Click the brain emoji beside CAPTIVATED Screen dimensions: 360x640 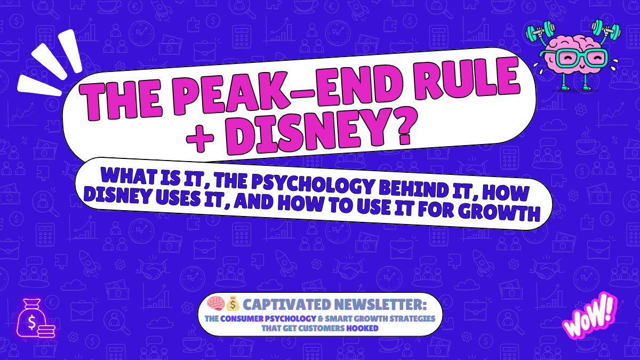(x=217, y=305)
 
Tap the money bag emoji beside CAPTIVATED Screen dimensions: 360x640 (x=232, y=305)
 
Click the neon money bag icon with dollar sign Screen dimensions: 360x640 (x=33, y=321)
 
